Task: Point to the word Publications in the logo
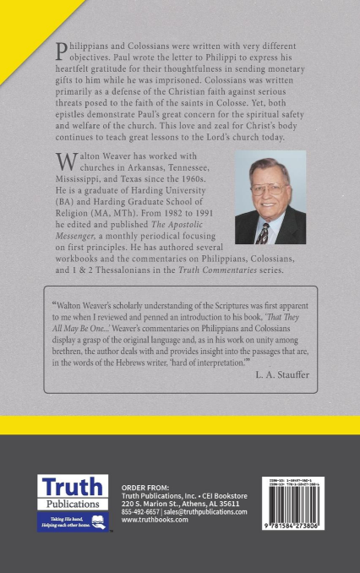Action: [72, 504]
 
